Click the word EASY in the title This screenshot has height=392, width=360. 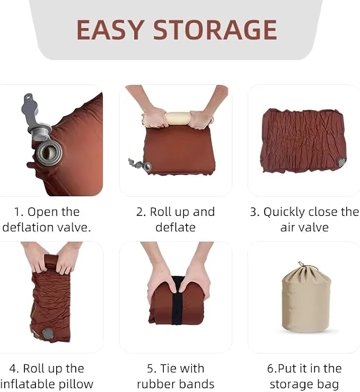[x=110, y=30]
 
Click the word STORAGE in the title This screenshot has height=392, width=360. [x=215, y=30]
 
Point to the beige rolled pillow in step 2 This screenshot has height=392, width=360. [x=178, y=119]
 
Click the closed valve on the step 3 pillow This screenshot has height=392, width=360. [x=341, y=162]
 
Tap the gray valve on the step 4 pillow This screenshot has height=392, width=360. [x=48, y=334]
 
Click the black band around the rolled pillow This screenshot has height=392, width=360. [x=177, y=300]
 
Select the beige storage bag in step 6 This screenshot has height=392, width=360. [x=306, y=298]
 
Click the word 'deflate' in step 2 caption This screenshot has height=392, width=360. [x=175, y=228]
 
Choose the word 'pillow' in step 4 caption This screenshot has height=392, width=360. [x=76, y=385]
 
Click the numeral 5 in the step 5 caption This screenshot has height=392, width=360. [x=151, y=369]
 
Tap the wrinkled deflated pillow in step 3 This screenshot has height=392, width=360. [x=303, y=141]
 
